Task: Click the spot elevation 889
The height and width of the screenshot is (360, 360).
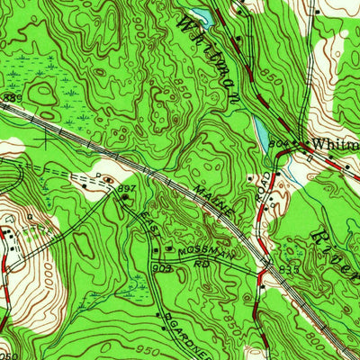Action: click(x=11, y=97)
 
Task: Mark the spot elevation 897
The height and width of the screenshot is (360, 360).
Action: click(x=126, y=187)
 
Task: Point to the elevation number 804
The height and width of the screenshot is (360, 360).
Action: click(x=280, y=140)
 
